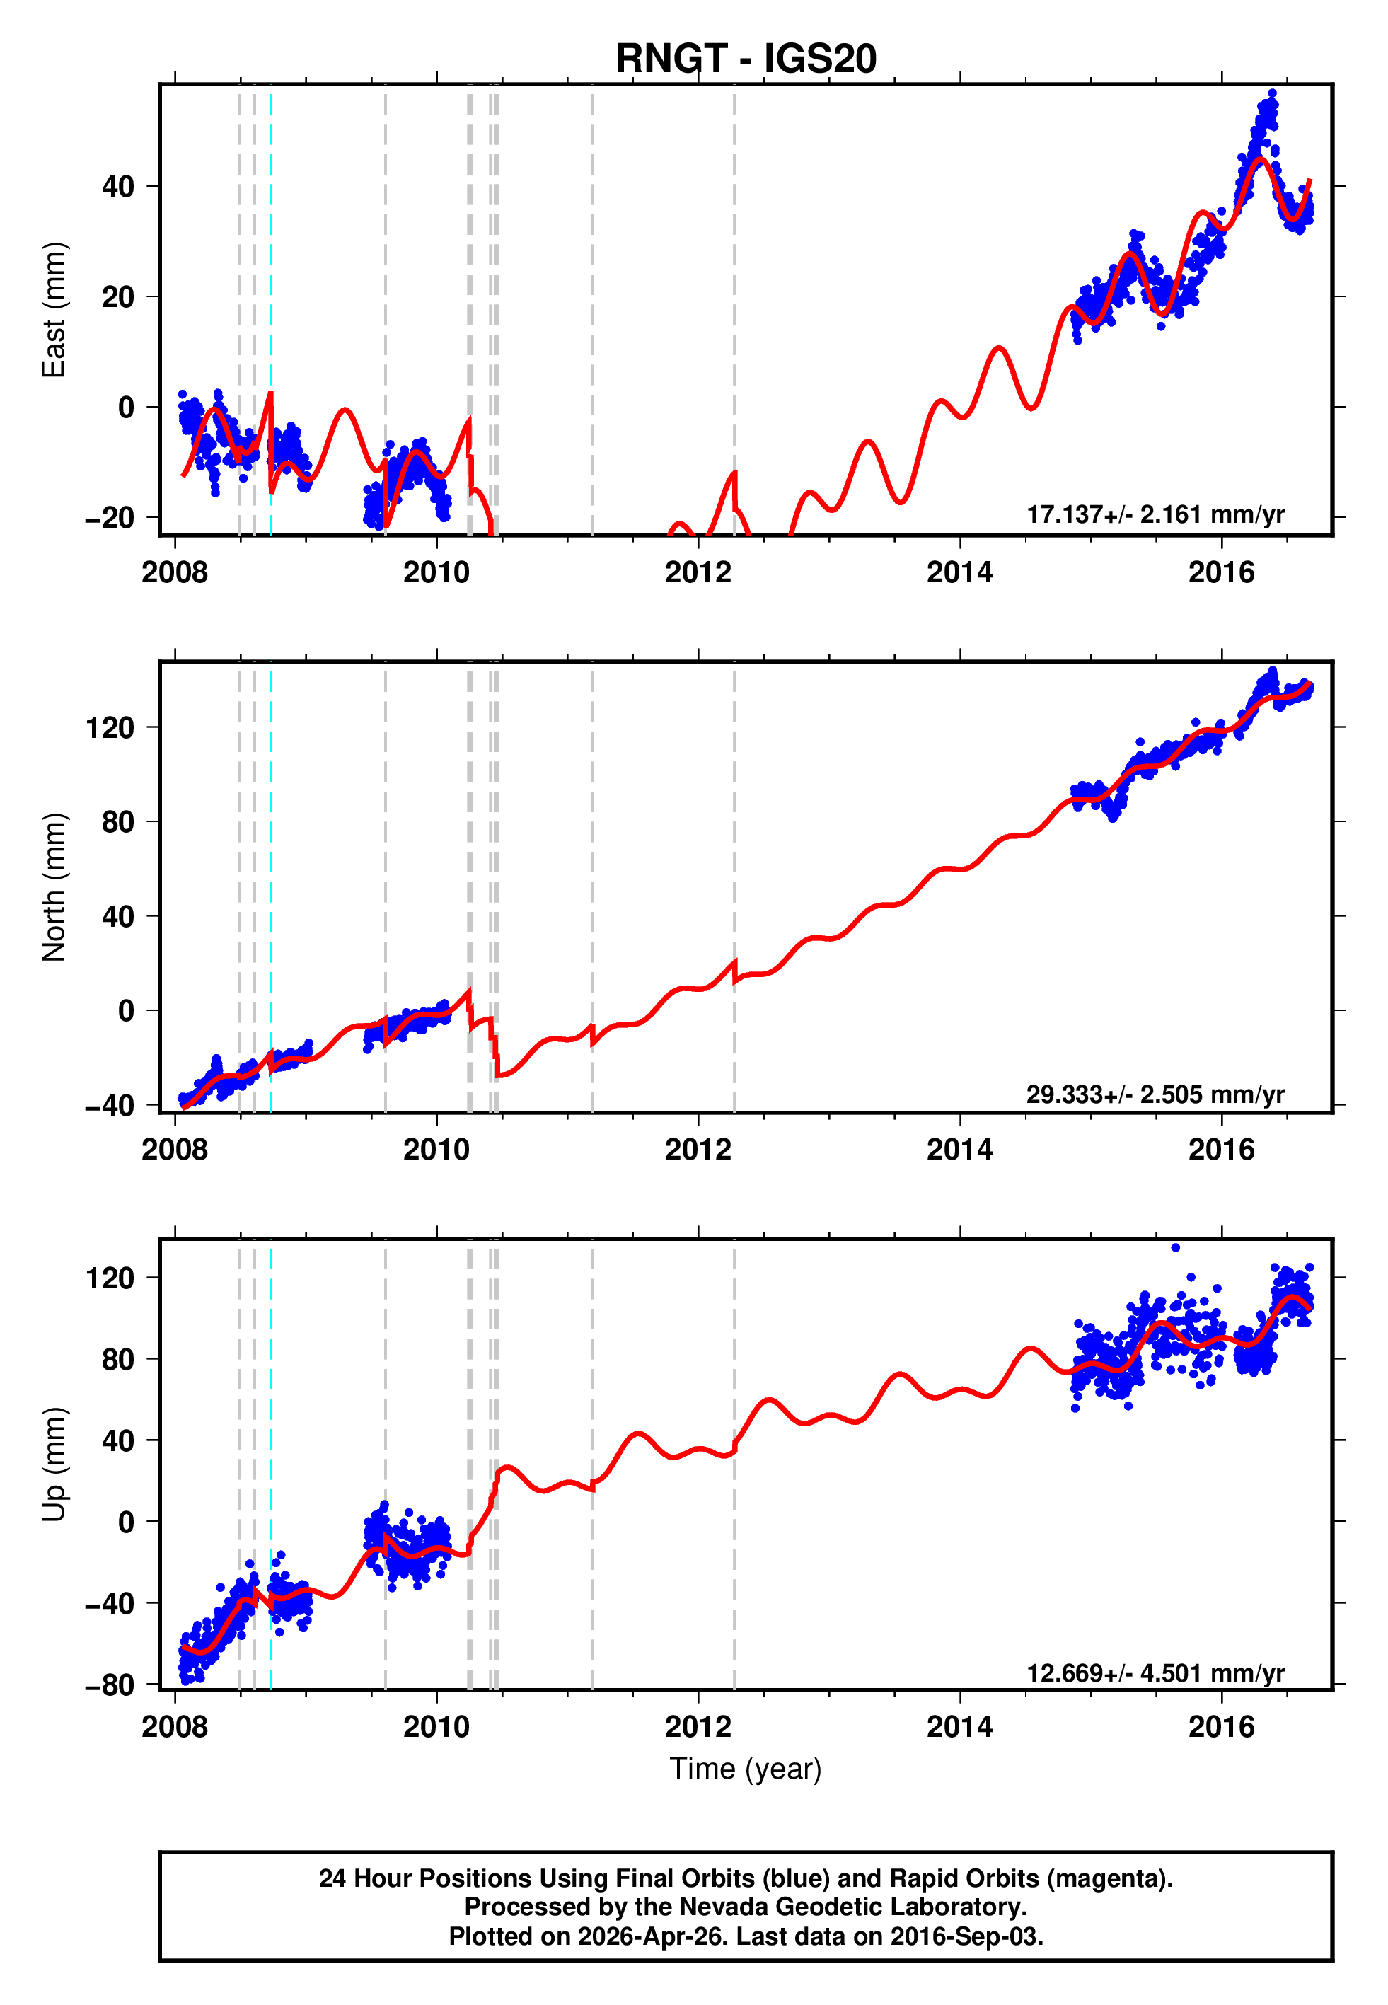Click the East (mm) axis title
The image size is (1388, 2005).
(54, 310)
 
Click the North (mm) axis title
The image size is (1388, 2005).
(54, 887)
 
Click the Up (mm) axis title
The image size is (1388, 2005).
(54, 1464)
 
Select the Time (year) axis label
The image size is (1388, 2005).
(746, 1769)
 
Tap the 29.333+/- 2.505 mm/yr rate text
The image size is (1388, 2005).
(1155, 1094)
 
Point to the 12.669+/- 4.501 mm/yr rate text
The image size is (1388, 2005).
(1155, 1673)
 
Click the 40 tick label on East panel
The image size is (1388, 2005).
(118, 186)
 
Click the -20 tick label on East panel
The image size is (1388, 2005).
(110, 517)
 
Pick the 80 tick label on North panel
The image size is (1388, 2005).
(118, 821)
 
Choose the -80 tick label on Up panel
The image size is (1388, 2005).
(110, 1685)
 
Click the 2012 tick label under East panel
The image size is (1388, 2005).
(698, 572)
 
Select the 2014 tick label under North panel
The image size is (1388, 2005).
(959, 1150)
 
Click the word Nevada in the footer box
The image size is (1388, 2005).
(722, 1907)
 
